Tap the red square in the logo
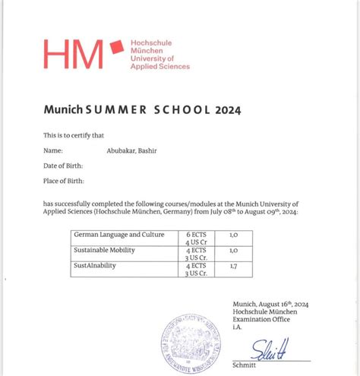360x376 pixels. click(116, 49)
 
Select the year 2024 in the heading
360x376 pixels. click(227, 109)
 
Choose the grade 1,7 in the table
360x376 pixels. click(233, 266)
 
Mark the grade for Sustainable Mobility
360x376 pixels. click(233, 249)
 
